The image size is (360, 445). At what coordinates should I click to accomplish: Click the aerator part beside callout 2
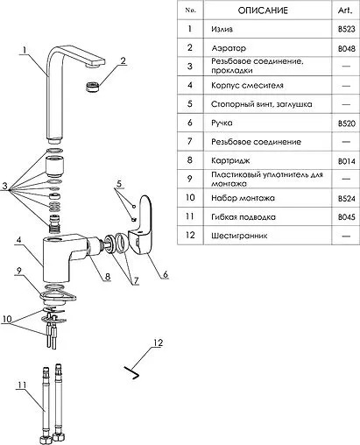[x=93, y=87]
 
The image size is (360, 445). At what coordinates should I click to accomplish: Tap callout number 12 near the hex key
[x=158, y=343]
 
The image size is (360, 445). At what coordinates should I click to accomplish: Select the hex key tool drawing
[x=131, y=372]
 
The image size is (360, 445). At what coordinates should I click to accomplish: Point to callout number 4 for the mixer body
[x=19, y=240]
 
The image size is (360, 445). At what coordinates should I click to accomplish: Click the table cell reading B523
[x=347, y=29]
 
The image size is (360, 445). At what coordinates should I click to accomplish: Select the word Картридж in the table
[x=230, y=160]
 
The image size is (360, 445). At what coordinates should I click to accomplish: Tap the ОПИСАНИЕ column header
[x=263, y=11]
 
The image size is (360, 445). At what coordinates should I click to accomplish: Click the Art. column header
[x=345, y=11]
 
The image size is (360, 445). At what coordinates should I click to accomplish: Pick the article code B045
[x=347, y=217]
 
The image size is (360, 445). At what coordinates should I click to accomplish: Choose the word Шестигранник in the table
[x=239, y=236]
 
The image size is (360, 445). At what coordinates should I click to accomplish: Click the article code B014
[x=347, y=161]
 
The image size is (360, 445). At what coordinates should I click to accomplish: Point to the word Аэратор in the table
[x=229, y=48]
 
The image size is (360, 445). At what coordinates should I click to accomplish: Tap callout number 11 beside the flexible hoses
[x=22, y=385]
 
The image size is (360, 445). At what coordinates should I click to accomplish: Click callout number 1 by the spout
[x=25, y=50]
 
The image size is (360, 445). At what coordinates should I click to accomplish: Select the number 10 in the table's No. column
[x=190, y=197]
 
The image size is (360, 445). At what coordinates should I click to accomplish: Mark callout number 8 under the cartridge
[x=108, y=276]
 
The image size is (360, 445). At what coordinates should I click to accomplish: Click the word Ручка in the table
[x=222, y=123]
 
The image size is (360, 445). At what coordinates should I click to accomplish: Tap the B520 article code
[x=347, y=124]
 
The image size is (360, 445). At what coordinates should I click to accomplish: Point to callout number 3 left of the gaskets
[x=5, y=186]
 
